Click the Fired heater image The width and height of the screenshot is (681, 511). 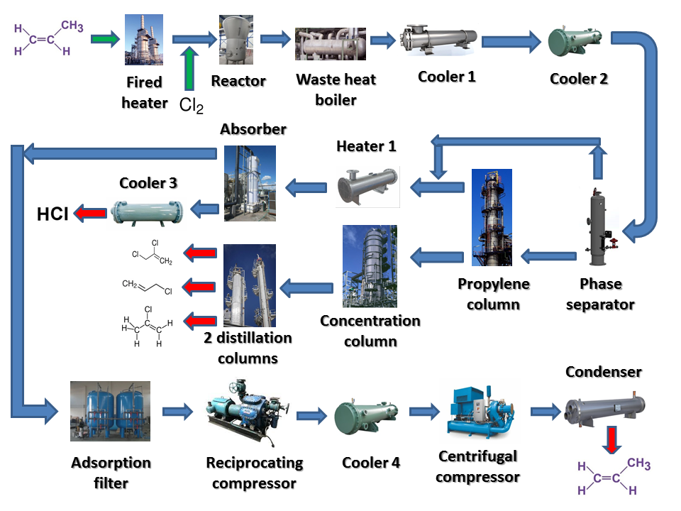coord(144,40)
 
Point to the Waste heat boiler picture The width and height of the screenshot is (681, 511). coord(331,44)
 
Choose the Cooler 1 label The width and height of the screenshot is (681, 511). coord(447,77)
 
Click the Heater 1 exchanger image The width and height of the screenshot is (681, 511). coord(367,187)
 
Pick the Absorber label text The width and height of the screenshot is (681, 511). coord(253,129)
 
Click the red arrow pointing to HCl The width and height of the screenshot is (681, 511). coord(90,211)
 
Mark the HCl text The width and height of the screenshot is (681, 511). coord(52,212)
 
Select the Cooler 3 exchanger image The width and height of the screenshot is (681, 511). coord(147,211)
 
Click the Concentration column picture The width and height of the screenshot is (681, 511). coord(370,266)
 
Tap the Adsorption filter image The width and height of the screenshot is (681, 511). coord(110,411)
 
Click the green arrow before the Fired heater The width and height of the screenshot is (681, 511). coord(105,39)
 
